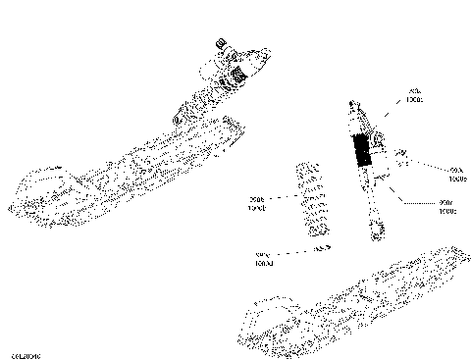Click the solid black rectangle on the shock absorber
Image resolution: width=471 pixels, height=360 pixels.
coord(363,150)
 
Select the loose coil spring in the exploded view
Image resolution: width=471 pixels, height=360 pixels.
coord(312,200)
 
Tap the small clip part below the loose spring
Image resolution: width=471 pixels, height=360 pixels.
coord(319,249)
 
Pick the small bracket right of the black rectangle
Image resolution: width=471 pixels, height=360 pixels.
coord(399,157)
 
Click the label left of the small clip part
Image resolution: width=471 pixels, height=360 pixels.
coord(263,260)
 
